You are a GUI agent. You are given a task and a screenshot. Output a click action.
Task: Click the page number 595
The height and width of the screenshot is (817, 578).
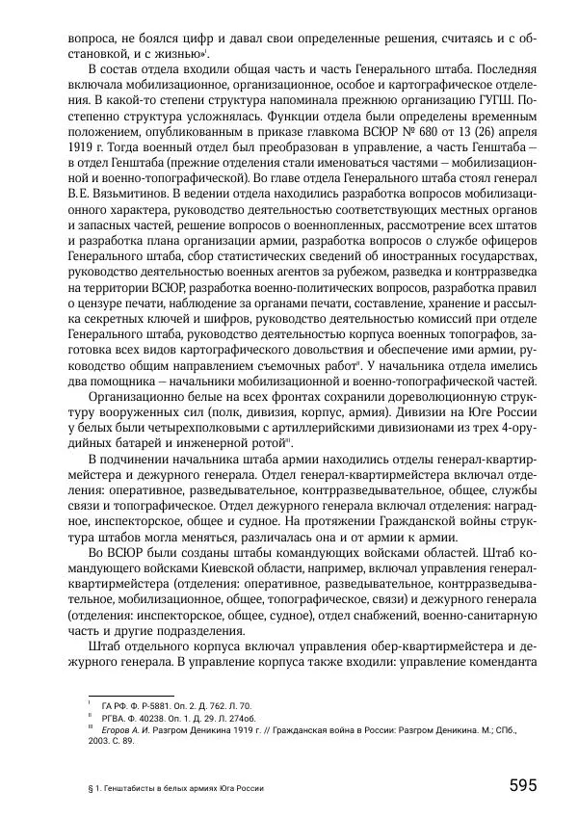522,785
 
